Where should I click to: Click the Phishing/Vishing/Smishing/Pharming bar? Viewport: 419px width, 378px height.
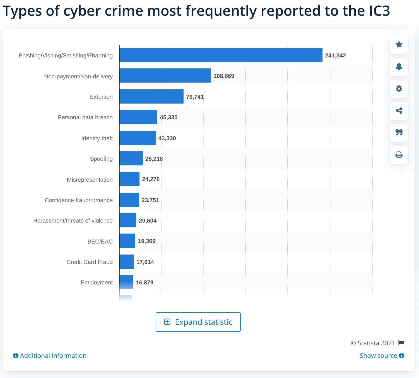click(221, 55)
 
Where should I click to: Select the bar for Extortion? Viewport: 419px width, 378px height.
click(151, 96)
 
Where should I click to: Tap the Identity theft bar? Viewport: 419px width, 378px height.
click(137, 138)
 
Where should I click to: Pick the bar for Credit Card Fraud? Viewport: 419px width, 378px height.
click(126, 262)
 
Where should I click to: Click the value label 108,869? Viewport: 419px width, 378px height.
click(224, 76)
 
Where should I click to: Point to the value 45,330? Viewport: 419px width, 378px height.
click(169, 117)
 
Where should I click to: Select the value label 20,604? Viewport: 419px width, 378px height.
click(148, 221)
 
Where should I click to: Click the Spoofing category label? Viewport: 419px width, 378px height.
click(101, 159)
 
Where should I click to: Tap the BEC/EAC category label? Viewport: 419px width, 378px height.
click(100, 241)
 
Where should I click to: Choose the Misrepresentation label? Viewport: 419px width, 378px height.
click(90, 180)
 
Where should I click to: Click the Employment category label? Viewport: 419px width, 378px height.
click(96, 283)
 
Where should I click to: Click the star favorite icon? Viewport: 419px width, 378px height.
click(399, 45)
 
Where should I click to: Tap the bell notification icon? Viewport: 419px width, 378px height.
click(399, 67)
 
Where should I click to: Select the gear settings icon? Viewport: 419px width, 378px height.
click(399, 89)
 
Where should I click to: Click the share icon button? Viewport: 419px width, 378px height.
click(399, 111)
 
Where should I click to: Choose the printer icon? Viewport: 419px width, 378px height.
click(399, 155)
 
